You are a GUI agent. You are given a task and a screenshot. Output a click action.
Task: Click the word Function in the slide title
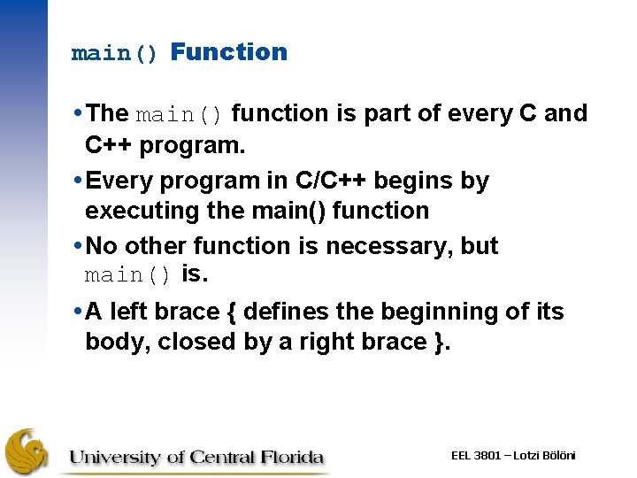pyautogui.click(x=229, y=52)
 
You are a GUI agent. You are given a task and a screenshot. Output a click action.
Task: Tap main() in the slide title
pyautogui.click(x=115, y=53)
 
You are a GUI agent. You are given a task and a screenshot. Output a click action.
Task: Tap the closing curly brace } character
pyautogui.click(x=441, y=342)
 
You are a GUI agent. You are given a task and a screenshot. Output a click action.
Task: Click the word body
pyautogui.click(x=116, y=343)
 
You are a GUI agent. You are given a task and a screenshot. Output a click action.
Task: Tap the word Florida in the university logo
pyautogui.click(x=294, y=458)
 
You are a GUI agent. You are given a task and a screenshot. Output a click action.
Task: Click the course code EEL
pyautogui.click(x=461, y=455)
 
